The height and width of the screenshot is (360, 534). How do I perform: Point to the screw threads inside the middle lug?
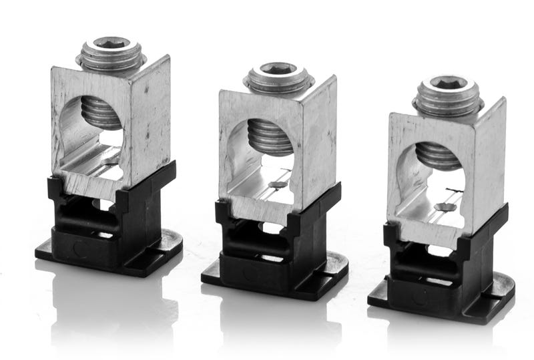[x=270, y=136]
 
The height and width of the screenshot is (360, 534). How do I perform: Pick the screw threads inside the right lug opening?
[x=437, y=154]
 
